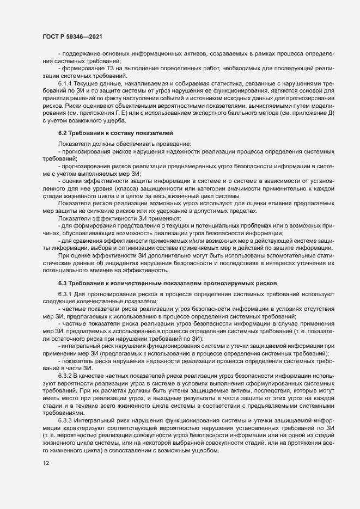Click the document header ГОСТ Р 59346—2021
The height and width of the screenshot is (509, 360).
point(71,36)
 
